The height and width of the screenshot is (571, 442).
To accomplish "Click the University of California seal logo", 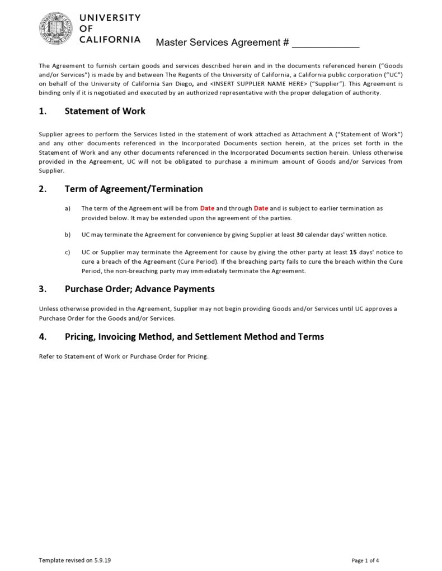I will point(56,28).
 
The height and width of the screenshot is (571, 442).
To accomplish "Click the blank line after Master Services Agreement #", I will point(325,43).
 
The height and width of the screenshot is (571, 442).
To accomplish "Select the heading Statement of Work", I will point(105,111).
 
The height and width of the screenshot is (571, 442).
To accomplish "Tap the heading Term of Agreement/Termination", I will point(134,189).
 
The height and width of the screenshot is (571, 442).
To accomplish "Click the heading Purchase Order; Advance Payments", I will point(139,289).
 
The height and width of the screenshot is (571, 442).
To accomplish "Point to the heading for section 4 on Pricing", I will point(194,336).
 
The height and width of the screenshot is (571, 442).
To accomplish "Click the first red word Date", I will point(207,208).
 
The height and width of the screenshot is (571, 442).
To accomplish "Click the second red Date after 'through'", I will point(261,208).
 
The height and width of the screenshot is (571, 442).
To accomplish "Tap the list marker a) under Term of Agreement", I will point(68,208).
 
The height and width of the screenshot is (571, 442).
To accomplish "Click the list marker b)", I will point(68,235).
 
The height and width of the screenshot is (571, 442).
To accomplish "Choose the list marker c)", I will point(68,253).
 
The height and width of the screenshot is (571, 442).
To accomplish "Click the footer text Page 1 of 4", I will point(365,560).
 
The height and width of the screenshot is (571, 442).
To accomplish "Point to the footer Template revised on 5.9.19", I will point(71,560).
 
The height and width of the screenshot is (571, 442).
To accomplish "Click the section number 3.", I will point(43,289).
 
